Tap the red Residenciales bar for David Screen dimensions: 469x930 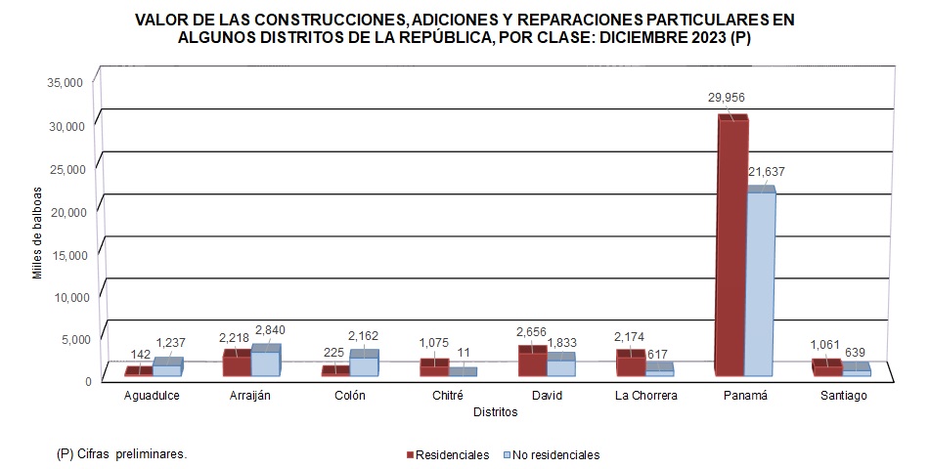tap(531, 362)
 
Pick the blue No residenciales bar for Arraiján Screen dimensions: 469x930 tap(265, 362)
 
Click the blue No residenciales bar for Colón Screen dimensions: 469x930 tap(363, 365)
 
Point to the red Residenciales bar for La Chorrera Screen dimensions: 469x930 tap(630, 364)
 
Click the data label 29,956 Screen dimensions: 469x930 tap(727, 98)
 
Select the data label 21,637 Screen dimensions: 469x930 tap(766, 172)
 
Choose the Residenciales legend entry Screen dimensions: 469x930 tap(448, 455)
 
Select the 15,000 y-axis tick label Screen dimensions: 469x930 tap(66, 254)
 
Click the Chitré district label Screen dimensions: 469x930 tap(449, 396)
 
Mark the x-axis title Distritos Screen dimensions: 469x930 tap(495, 412)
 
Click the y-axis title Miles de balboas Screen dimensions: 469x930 tap(37, 232)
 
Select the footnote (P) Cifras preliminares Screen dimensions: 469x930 tap(122, 454)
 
